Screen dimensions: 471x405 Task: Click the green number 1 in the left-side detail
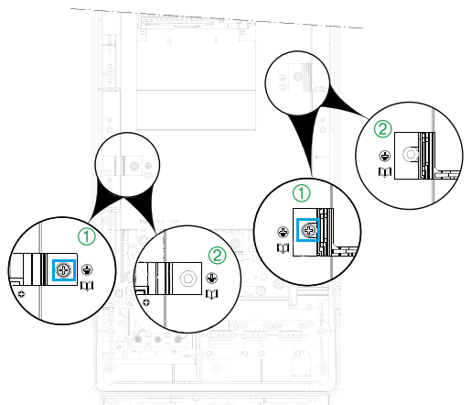[87, 236]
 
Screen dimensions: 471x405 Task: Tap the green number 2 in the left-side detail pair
[218, 256]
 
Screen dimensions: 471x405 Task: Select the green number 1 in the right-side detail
[302, 193]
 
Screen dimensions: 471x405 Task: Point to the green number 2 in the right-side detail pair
[383, 129]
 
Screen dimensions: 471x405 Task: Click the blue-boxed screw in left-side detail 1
[64, 270]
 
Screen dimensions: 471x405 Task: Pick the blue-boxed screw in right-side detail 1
[308, 230]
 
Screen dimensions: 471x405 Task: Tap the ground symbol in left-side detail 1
[88, 270]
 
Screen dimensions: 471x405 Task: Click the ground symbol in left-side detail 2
[212, 279]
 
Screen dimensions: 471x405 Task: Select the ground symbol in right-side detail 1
[284, 233]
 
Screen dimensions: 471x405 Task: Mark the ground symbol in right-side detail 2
[385, 156]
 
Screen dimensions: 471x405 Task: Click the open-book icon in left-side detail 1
[87, 286]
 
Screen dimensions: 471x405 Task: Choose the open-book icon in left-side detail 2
[212, 294]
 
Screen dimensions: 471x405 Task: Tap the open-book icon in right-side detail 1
[284, 247]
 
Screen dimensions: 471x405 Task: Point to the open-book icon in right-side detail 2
[385, 171]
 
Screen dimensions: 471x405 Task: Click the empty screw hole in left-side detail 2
[187, 279]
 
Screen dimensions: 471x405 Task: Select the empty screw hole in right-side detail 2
[411, 155]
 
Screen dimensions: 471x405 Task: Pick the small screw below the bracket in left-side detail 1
[22, 294]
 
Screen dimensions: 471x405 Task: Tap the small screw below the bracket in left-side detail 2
[146, 302]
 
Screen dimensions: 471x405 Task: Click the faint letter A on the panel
[216, 41]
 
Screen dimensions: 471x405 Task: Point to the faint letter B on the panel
[169, 41]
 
